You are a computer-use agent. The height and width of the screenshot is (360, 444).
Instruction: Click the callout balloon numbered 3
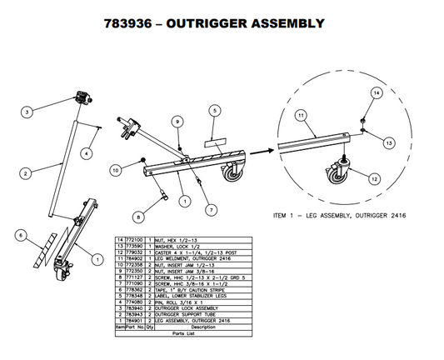pyautogui.click(x=27, y=111)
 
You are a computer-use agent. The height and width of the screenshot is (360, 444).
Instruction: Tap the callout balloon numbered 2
pyautogui.click(x=26, y=172)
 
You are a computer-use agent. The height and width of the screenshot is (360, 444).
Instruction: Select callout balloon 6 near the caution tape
pyautogui.click(x=20, y=236)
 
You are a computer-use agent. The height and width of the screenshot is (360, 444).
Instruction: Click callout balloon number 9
pyautogui.click(x=177, y=122)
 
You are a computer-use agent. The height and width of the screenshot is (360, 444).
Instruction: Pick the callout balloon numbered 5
pyautogui.click(x=214, y=110)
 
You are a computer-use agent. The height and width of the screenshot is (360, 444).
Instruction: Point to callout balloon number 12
pyautogui.click(x=375, y=179)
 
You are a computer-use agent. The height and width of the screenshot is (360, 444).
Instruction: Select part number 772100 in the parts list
pyautogui.click(x=134, y=238)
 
